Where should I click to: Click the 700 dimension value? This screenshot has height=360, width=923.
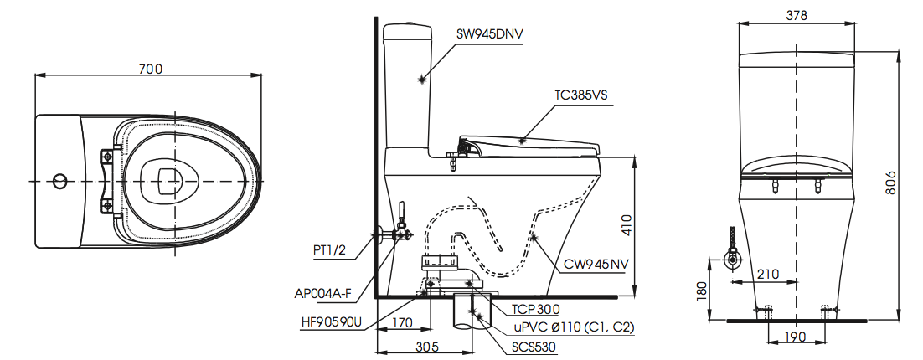click(149, 69)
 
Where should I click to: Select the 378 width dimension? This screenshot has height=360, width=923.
click(797, 14)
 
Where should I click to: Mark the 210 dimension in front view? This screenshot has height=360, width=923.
click(767, 273)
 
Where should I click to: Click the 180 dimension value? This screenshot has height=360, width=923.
click(701, 290)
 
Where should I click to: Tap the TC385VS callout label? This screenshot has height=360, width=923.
click(580, 95)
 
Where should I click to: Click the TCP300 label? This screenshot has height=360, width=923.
click(536, 308)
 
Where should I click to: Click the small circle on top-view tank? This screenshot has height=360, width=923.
click(59, 180)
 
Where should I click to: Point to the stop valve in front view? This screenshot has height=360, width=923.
click(734, 256)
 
